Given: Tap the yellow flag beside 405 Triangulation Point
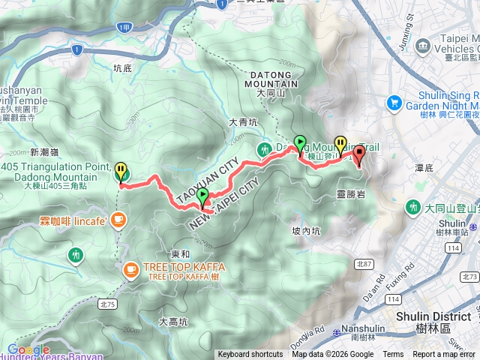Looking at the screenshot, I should pos(120,172).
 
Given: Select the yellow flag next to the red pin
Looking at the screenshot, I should pos(340,142).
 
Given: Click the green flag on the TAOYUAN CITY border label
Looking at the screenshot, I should pos(202,196).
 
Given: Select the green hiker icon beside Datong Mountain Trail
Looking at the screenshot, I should pos(265,149).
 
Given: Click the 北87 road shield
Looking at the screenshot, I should pos(364,263).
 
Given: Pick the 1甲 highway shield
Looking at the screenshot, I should pos(125,28).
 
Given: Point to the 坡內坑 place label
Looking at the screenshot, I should pos(306,231).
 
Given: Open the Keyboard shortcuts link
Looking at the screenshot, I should pos(250,355).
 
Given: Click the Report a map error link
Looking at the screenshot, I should pos(445,355).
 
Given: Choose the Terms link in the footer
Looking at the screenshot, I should pos(393,355).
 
